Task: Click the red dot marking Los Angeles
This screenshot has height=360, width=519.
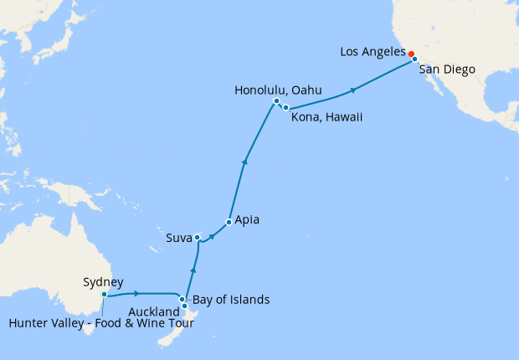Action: pyautogui.click(x=411, y=54)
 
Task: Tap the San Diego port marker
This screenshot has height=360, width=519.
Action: pyautogui.click(x=414, y=59)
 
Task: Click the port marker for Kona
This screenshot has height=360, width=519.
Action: pyautogui.click(x=285, y=108)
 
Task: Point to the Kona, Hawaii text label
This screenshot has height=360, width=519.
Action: pyautogui.click(x=326, y=117)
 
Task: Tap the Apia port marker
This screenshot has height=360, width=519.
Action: pyautogui.click(x=229, y=222)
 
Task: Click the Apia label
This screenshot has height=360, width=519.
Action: pyautogui.click(x=248, y=221)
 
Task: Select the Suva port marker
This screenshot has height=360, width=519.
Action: pyautogui.click(x=197, y=238)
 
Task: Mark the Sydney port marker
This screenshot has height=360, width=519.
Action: pyautogui.click(x=104, y=295)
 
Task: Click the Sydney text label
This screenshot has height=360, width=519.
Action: pyautogui.click(x=104, y=281)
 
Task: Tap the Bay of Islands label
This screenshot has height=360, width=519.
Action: pyautogui.click(x=231, y=299)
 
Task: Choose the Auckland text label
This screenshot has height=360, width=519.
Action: pyautogui.click(x=156, y=311)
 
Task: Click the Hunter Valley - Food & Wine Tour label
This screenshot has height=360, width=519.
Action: pyautogui.click(x=102, y=324)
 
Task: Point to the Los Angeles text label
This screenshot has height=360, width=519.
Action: pyautogui.click(x=373, y=52)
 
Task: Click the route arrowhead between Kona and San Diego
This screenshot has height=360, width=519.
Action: pyautogui.click(x=355, y=90)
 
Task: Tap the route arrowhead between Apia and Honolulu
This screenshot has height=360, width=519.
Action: pyautogui.click(x=244, y=162)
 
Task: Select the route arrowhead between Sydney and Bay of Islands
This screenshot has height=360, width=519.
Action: pyautogui.click(x=136, y=293)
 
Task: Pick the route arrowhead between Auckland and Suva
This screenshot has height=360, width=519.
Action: pyautogui.click(x=193, y=269)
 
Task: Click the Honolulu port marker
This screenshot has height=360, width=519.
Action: pyautogui.click(x=276, y=101)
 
